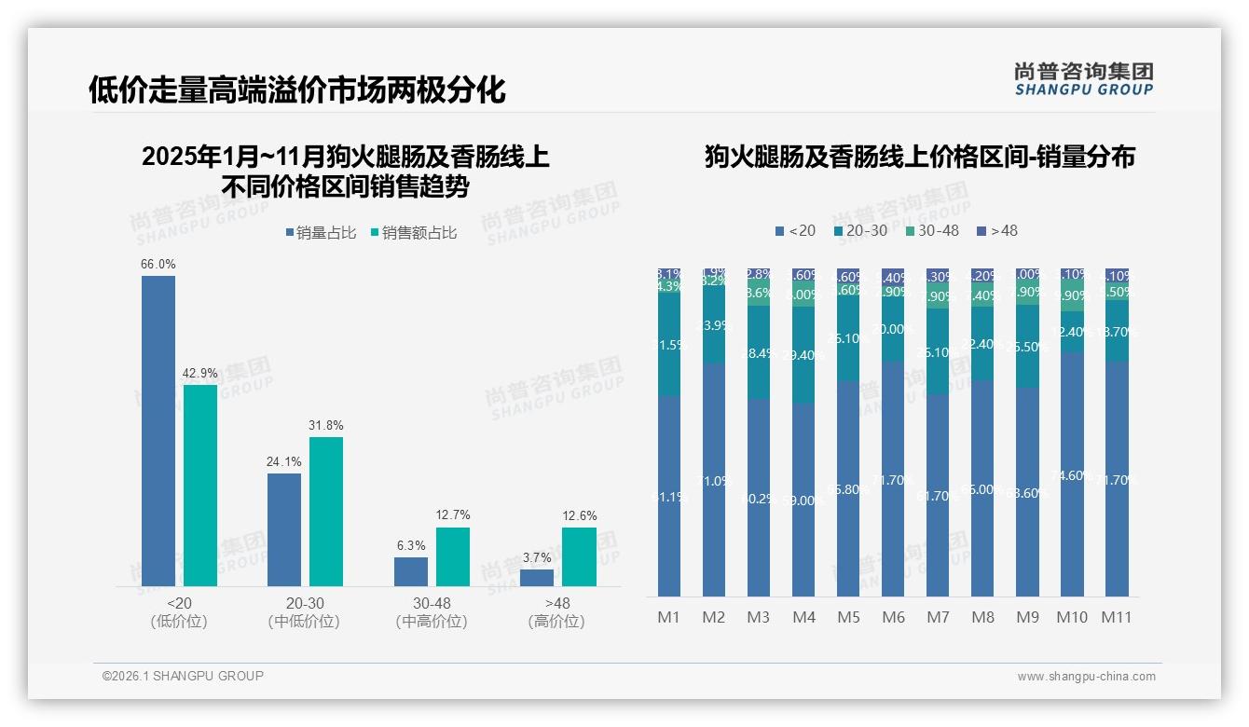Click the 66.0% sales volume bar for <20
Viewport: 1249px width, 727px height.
point(158,431)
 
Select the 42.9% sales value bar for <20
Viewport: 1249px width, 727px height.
point(199,485)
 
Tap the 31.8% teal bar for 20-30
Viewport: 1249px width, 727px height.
point(325,511)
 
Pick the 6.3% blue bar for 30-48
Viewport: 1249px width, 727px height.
point(410,571)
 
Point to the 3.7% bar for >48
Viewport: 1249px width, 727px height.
point(536,577)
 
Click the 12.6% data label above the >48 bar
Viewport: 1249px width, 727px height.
point(580,516)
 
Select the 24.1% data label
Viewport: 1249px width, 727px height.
point(284,461)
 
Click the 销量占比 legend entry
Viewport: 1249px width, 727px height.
point(320,233)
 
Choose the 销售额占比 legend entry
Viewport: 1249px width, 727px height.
point(413,233)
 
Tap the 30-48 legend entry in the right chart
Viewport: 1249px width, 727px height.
point(932,230)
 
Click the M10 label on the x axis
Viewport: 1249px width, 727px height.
point(1071,617)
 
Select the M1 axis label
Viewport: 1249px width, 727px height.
point(668,617)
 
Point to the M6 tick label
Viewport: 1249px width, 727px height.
point(892,617)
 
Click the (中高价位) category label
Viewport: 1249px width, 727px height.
point(431,622)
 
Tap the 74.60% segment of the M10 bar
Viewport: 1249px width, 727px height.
point(1071,474)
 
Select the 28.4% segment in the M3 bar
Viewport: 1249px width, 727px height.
point(758,353)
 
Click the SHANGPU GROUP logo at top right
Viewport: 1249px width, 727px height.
point(1083,78)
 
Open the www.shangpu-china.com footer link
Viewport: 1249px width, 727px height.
point(1086,676)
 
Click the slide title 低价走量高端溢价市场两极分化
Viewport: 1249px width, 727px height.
point(297,90)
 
